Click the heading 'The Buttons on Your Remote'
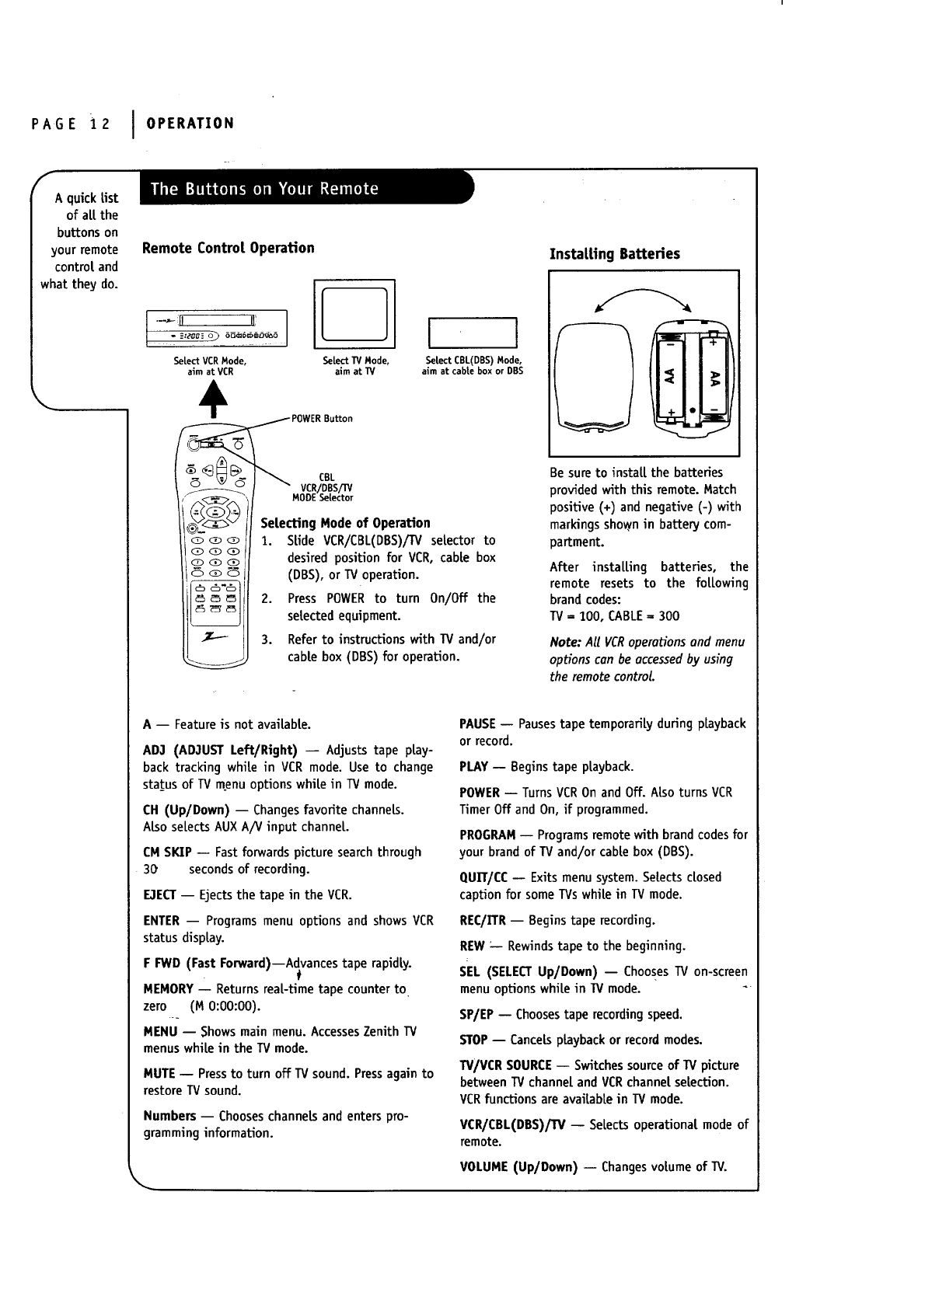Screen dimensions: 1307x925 point(264,189)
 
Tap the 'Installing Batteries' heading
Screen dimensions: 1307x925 point(614,254)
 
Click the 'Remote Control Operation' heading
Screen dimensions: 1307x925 point(229,248)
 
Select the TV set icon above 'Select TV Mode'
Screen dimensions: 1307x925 point(354,313)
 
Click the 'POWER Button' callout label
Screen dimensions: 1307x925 point(322,419)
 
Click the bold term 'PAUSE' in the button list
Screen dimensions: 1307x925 point(478,724)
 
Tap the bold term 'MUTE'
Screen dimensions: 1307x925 point(159,1074)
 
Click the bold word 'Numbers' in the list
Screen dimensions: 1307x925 point(169,1117)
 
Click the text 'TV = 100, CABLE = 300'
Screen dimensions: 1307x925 point(614,616)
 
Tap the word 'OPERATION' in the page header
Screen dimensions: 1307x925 point(190,124)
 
